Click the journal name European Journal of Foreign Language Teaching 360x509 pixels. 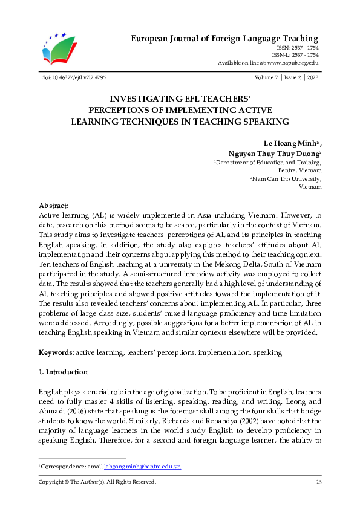(224, 39)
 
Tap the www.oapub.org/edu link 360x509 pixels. (293, 63)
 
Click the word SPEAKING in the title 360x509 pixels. (262, 122)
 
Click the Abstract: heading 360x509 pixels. (53, 206)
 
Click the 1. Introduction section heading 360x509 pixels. (63, 372)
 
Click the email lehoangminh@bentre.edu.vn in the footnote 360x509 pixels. (142, 467)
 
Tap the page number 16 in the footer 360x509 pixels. (318, 482)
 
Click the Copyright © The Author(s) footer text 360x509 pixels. (97, 482)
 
